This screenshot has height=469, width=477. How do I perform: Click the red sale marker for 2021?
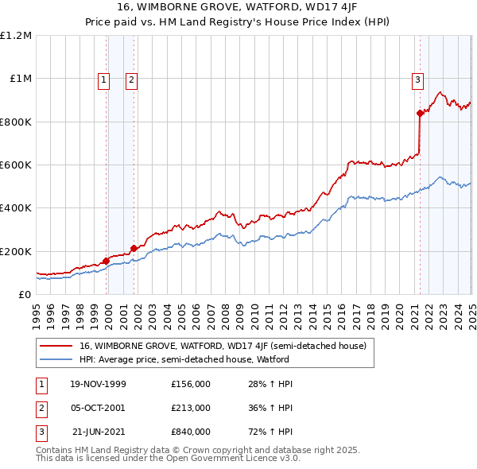click(x=419, y=113)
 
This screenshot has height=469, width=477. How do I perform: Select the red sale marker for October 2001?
click(x=134, y=248)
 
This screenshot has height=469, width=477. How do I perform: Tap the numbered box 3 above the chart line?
click(x=417, y=79)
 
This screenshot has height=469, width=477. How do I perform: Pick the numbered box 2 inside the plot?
click(x=131, y=79)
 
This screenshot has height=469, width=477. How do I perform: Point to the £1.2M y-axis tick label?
click(x=16, y=36)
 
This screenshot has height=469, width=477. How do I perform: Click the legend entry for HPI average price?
click(x=184, y=359)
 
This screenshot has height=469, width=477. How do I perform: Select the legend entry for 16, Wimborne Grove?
click(x=222, y=346)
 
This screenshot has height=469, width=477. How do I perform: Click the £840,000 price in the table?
click(x=190, y=432)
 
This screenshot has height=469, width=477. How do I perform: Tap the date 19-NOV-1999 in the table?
click(x=98, y=384)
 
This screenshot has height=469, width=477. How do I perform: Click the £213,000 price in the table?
click(x=190, y=408)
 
